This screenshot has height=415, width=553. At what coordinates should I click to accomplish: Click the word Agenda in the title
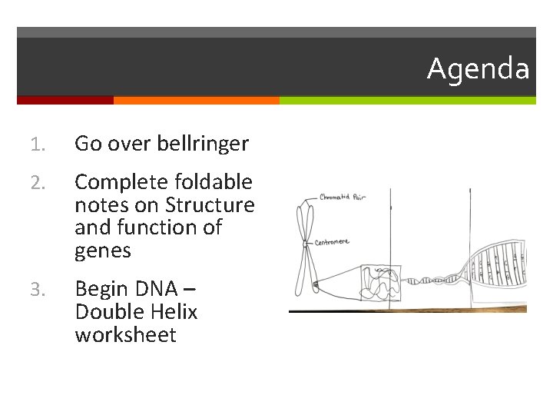[x=478, y=69]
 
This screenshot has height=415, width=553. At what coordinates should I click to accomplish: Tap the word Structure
[x=210, y=205]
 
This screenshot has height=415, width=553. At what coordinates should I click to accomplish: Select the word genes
[x=103, y=251]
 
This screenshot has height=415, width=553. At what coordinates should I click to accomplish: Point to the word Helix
[x=175, y=312]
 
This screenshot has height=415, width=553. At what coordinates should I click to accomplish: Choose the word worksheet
[x=125, y=335]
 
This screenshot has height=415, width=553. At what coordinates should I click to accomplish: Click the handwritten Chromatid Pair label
[x=343, y=198]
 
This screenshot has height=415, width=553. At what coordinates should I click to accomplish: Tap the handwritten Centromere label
[x=332, y=242]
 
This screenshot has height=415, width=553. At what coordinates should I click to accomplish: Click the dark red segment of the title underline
[x=65, y=101]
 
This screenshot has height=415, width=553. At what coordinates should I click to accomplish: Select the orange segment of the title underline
[x=196, y=101]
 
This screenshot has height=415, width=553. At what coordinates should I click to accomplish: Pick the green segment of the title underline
[x=407, y=101]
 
